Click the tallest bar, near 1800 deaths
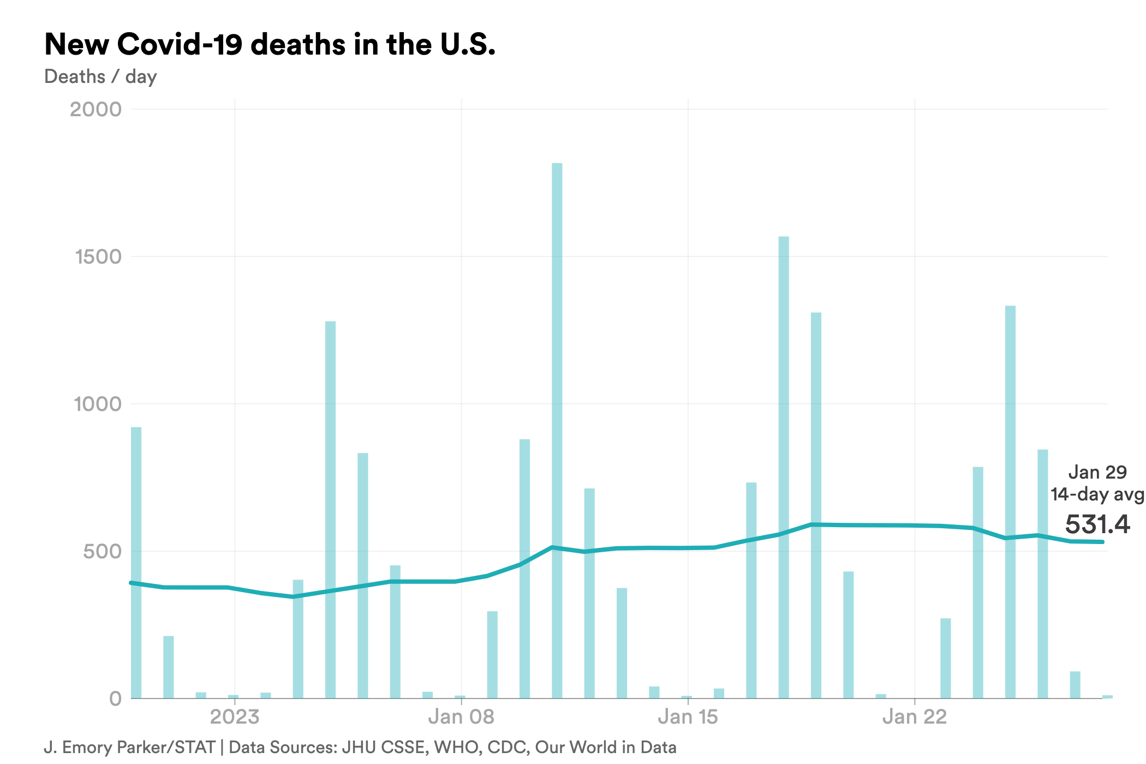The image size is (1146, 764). (x=557, y=431)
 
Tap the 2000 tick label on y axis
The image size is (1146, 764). (x=95, y=109)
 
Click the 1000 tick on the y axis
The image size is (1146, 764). (x=98, y=404)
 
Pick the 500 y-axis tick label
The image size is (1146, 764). (x=102, y=551)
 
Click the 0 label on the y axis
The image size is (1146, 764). (x=115, y=699)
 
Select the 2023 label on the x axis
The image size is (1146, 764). (x=235, y=717)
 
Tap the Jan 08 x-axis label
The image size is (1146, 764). (x=461, y=717)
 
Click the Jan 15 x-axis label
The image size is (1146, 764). (x=688, y=717)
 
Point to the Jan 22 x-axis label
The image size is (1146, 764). (x=915, y=717)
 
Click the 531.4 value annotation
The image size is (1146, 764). (x=1097, y=524)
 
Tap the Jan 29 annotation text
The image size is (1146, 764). (x=1097, y=472)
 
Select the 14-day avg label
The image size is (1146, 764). (x=1097, y=494)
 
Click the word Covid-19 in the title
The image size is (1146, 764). (x=180, y=44)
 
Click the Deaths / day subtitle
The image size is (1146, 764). (x=100, y=76)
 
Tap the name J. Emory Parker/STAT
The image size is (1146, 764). (x=129, y=747)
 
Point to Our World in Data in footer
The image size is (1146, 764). (x=605, y=747)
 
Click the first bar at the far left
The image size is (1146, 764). (x=136, y=562)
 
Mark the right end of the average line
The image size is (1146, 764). (x=1102, y=542)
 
